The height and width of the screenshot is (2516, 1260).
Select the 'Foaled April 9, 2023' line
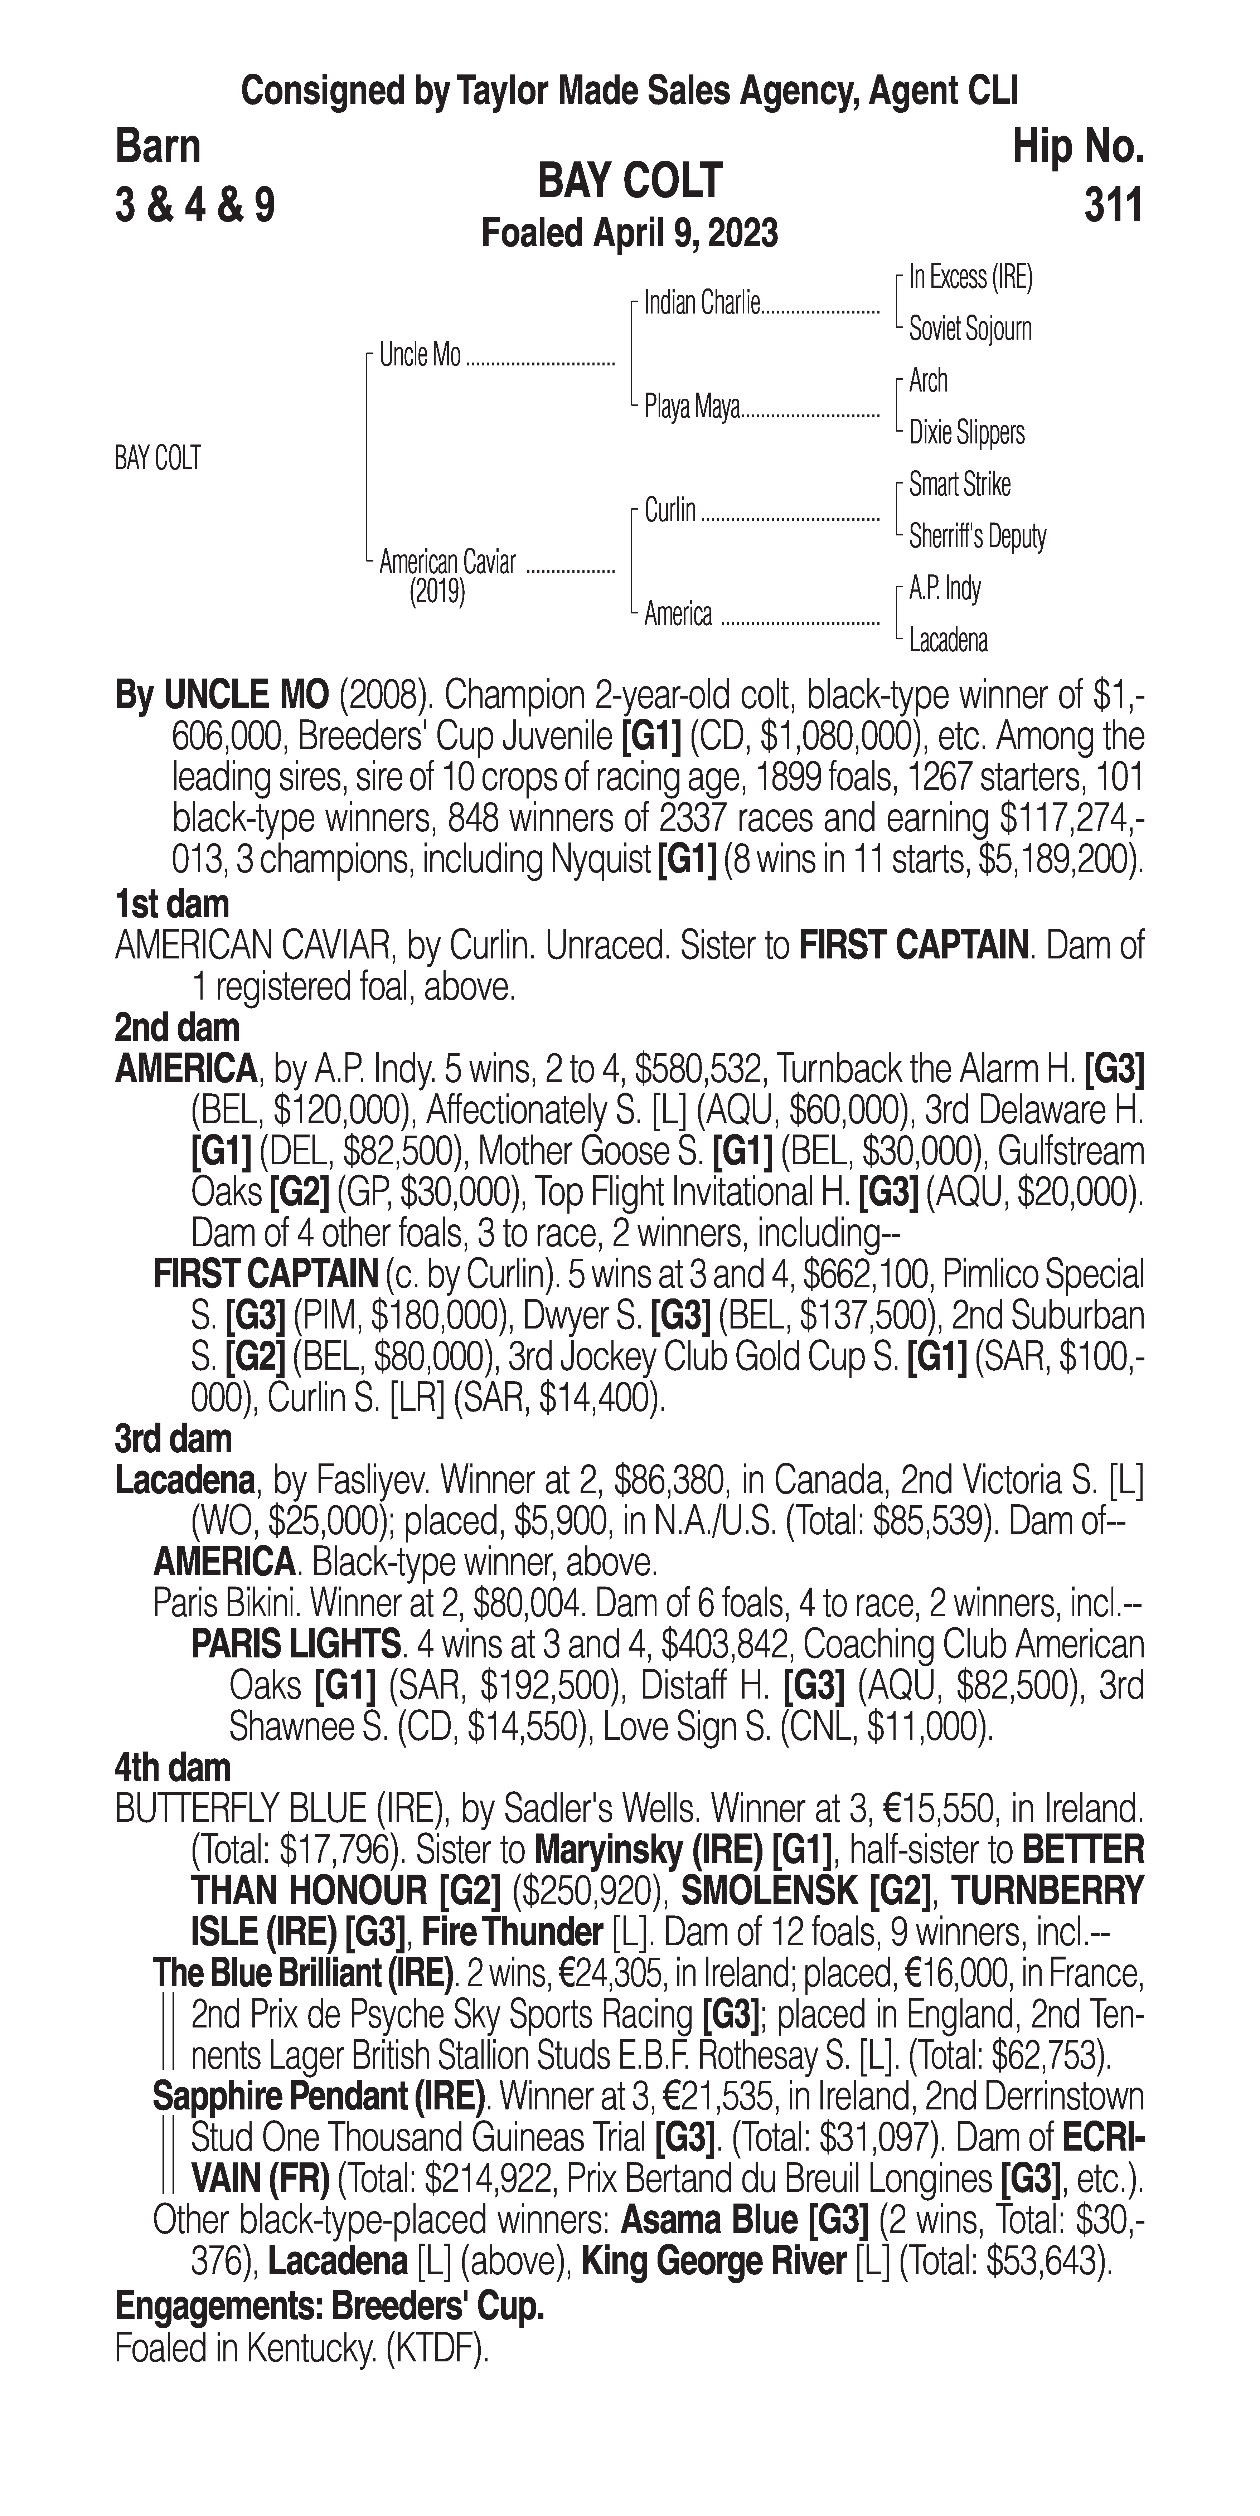[630, 233]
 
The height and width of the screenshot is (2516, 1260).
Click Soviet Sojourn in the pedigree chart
[970, 329]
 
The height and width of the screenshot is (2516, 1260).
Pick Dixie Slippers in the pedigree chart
[966, 433]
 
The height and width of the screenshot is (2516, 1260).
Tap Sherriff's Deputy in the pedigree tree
[977, 536]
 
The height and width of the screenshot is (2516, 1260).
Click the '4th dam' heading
[173, 1768]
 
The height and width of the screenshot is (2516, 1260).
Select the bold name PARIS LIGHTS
[296, 1644]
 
